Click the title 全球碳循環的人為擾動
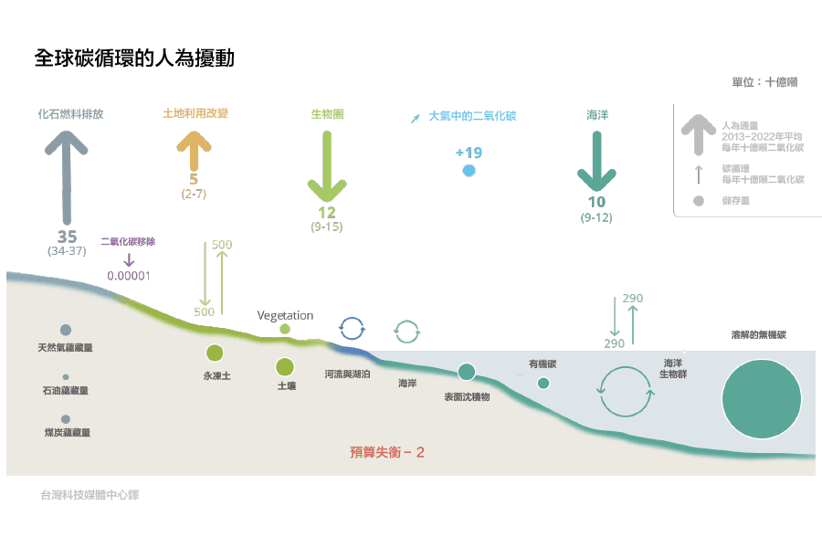pos(134,59)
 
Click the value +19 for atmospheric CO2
pos(469,153)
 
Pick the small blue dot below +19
pos(469,171)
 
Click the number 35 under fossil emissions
pos(67,237)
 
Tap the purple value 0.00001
pos(129,275)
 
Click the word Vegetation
pos(285,315)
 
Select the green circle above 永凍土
pos(215,353)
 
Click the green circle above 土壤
pos(285,366)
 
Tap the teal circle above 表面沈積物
pos(467,371)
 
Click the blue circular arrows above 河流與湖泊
pos(353,326)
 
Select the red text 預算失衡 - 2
pos(388,451)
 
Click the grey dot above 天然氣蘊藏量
pos(66,330)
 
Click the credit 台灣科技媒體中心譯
pos(90,495)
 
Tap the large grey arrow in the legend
pos(698,132)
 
